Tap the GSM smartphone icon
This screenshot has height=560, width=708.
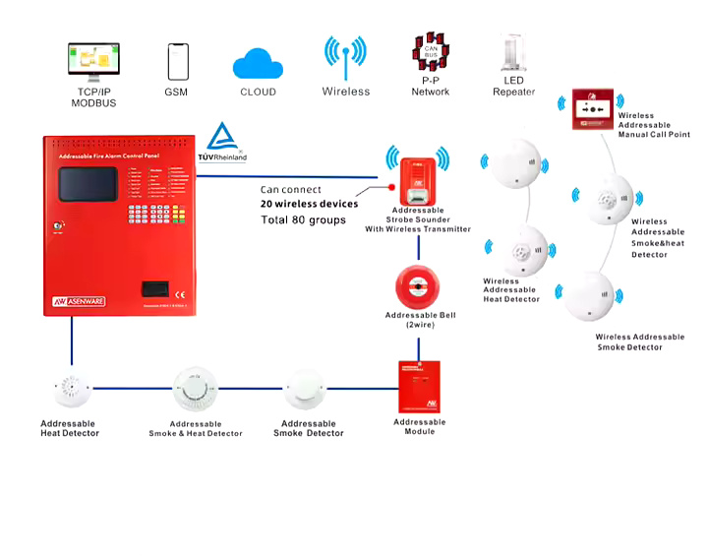pos(177,62)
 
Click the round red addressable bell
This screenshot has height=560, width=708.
pos(418,286)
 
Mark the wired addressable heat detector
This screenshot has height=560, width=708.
pos(70,391)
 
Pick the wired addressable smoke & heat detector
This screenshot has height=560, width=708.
pos(196,391)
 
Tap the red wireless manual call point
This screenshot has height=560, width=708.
pos(593,109)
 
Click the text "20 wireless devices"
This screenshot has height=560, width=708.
pos(309,204)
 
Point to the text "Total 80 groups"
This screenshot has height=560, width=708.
pos(303,220)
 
